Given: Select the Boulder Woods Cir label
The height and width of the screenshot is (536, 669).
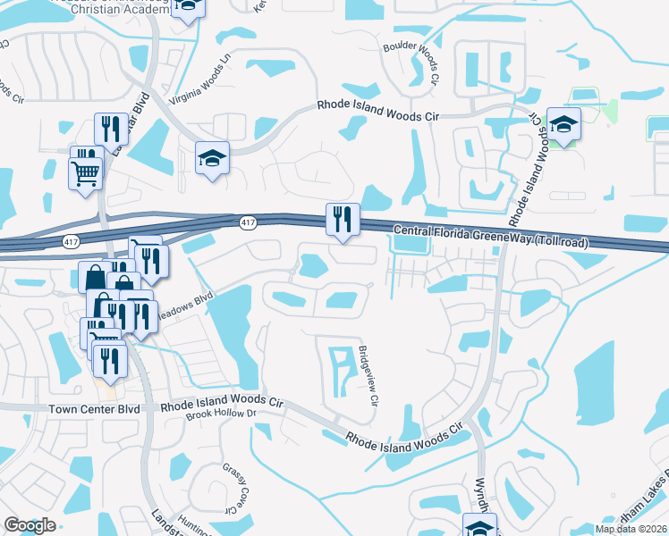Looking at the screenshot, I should pos(411,63).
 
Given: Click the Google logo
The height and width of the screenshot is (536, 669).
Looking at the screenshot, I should pos(30,524).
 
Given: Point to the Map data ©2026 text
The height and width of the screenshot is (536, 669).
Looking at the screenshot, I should pos(631,529).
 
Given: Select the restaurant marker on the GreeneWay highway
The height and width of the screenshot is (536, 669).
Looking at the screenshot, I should pos(342,219).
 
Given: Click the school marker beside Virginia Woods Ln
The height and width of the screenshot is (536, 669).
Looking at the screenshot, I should pos(212,159).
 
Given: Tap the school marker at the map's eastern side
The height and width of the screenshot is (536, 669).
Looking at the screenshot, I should pos(564,125).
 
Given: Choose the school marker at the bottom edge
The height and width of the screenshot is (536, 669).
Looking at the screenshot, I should pos(480,525).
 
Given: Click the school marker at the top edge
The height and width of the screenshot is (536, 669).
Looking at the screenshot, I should pos(188,7).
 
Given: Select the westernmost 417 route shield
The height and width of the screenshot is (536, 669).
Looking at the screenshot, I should pos(70,241).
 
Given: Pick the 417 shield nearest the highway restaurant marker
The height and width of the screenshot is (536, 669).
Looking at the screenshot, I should pos(248,221).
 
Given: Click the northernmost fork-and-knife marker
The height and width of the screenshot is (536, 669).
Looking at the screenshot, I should pos(107,129).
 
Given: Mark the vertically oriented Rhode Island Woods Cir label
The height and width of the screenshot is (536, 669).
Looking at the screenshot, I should pos(527,171).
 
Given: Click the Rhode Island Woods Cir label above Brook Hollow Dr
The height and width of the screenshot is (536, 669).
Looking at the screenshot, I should pos(223,404).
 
